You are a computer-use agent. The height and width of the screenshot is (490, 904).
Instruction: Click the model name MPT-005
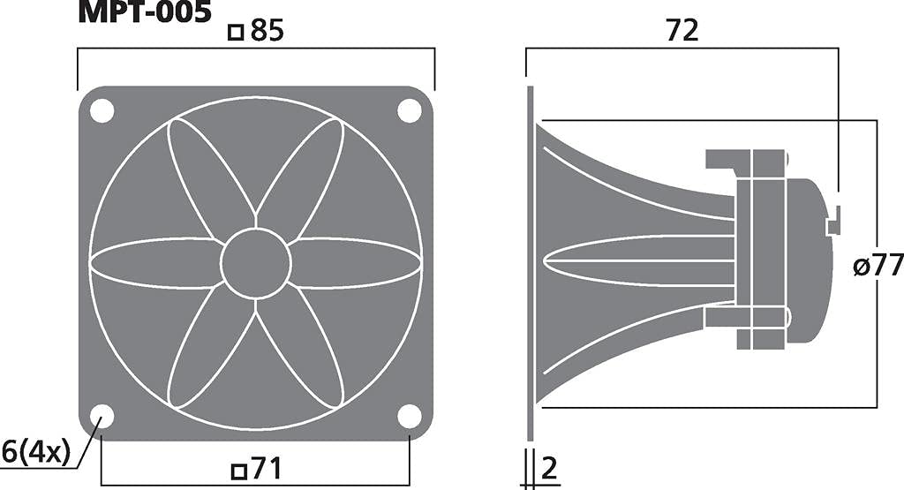145,11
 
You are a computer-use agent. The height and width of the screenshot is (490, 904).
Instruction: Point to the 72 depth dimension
682,31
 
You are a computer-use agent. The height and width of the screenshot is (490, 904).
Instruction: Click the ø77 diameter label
878,264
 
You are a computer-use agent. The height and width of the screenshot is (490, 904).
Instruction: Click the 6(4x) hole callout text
35,452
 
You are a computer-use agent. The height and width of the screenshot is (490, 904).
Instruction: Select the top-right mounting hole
410,110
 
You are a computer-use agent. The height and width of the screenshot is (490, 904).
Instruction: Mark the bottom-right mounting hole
410,416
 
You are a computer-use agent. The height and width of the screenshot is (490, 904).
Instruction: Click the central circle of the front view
256,263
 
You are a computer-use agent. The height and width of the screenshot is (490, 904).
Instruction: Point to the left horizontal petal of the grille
156,263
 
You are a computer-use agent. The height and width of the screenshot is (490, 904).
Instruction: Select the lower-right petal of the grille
305,353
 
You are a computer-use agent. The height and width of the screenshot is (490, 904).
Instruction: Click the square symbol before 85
236,34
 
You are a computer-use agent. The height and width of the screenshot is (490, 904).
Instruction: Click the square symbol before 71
237,471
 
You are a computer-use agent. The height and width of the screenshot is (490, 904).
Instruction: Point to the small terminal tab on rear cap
832,221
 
